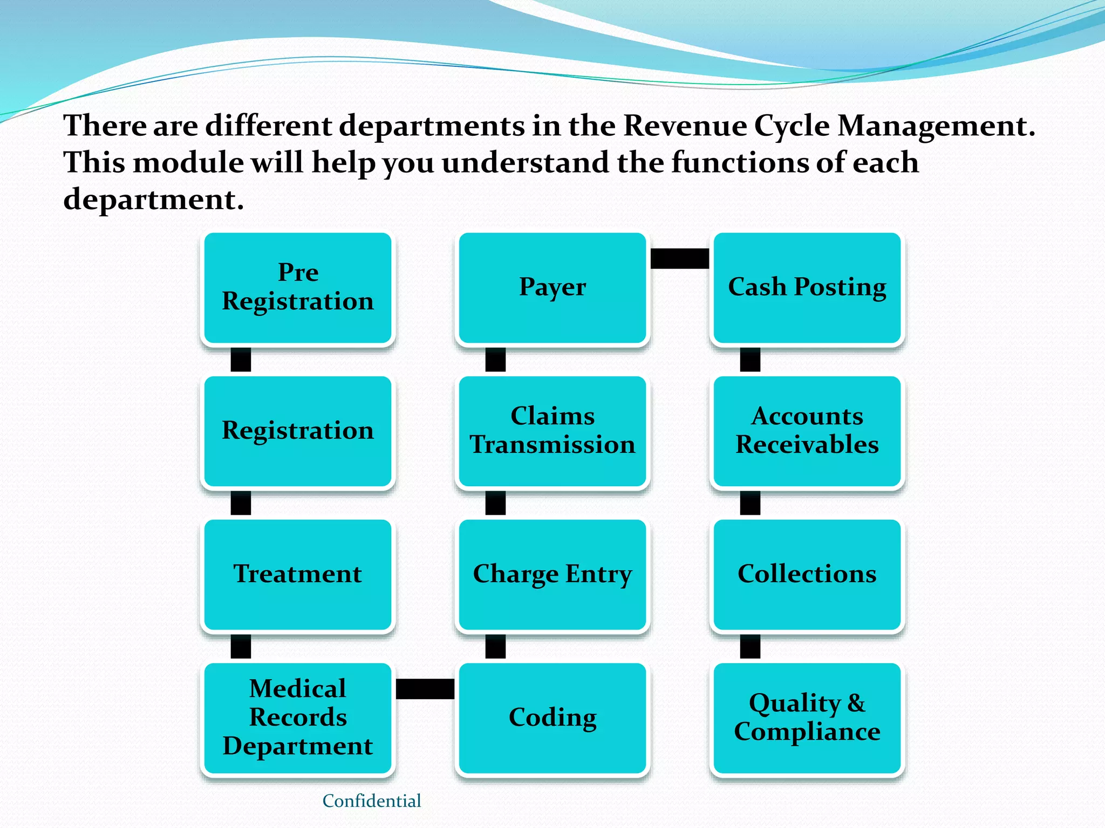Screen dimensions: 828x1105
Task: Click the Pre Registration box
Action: [x=298, y=288]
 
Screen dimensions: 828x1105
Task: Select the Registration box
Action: [x=298, y=431]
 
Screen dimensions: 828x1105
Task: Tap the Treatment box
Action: [x=298, y=575]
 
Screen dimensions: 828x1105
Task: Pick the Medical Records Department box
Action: [x=298, y=718]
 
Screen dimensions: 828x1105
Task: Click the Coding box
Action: [x=552, y=718]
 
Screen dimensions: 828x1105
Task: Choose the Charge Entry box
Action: [x=552, y=575]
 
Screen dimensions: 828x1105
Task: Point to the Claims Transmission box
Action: [x=552, y=431]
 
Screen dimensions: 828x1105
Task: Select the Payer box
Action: [x=552, y=288]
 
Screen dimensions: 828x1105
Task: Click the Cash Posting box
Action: [x=807, y=288]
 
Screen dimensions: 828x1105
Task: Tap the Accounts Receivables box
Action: [x=807, y=431]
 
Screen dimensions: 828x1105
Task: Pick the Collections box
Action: [x=807, y=575]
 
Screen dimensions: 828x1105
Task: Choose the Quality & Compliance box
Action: [x=807, y=718]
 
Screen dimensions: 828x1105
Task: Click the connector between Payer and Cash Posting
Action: [x=680, y=258]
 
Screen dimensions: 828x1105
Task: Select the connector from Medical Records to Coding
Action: [x=425, y=689]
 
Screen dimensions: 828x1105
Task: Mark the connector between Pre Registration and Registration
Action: [x=241, y=360]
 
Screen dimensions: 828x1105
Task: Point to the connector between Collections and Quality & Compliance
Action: [x=750, y=646]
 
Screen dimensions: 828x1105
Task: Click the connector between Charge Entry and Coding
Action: [x=495, y=646]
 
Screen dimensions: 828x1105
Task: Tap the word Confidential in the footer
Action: [x=372, y=801]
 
